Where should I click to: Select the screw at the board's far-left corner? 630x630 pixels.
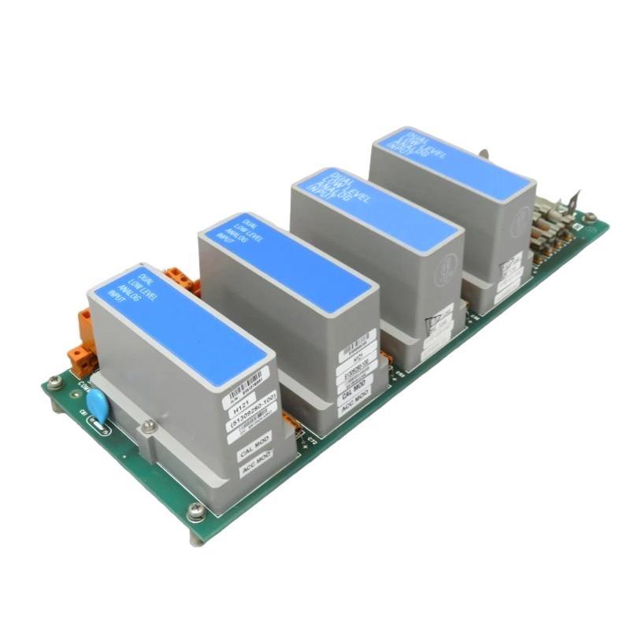tap(54, 383)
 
